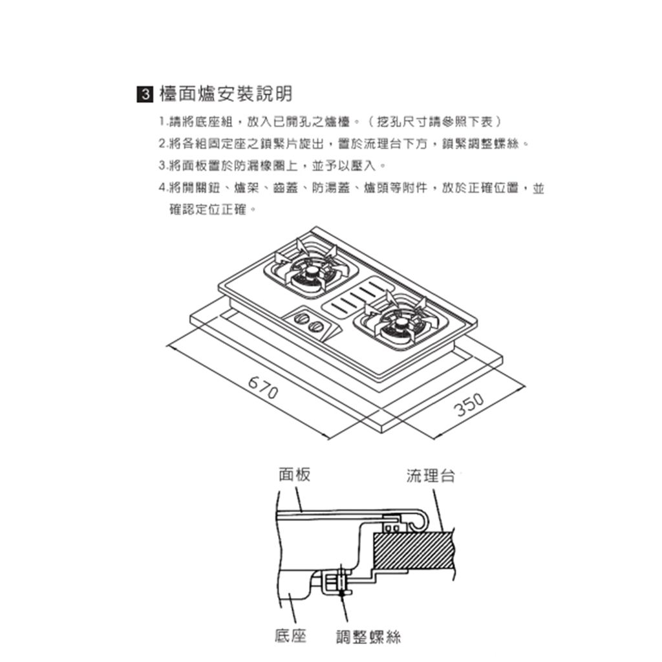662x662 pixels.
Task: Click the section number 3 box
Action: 144,95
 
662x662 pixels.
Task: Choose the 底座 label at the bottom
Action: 290,635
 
